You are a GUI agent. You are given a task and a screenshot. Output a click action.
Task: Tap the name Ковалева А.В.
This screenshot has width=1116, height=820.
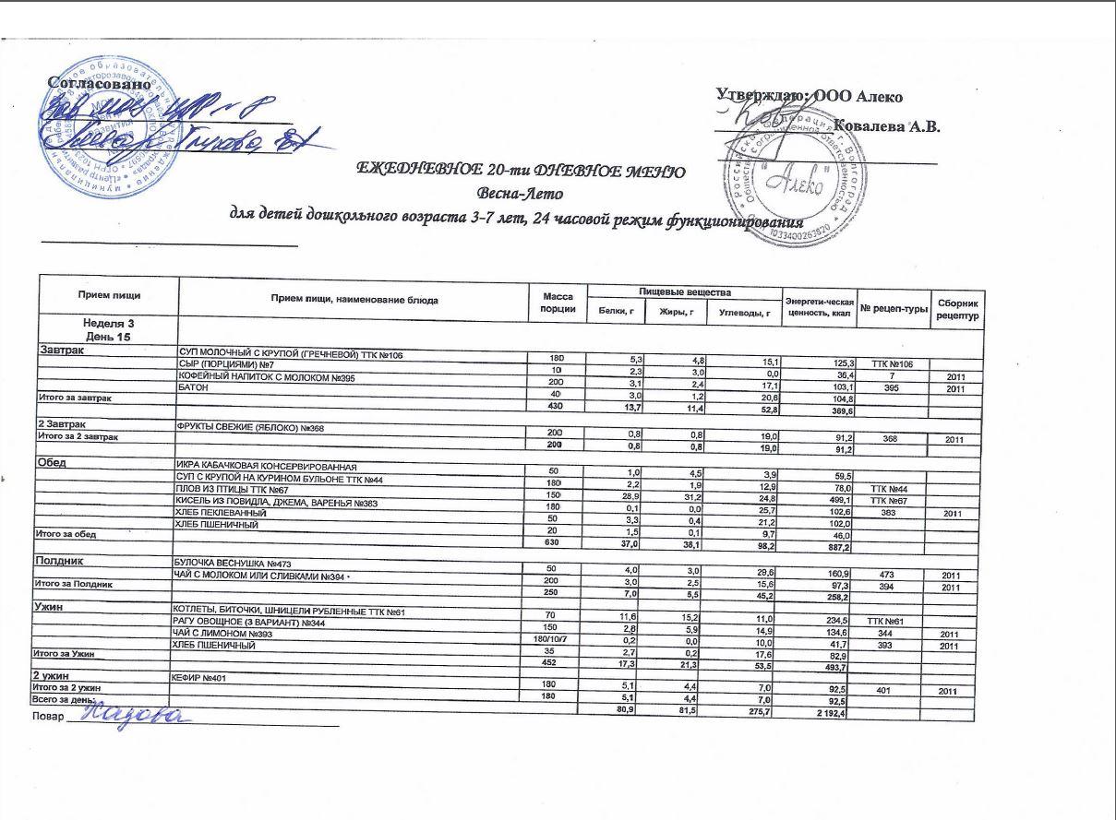click(885, 126)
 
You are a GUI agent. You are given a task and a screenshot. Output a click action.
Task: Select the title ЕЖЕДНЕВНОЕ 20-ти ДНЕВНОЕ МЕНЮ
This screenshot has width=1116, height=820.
click(520, 172)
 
